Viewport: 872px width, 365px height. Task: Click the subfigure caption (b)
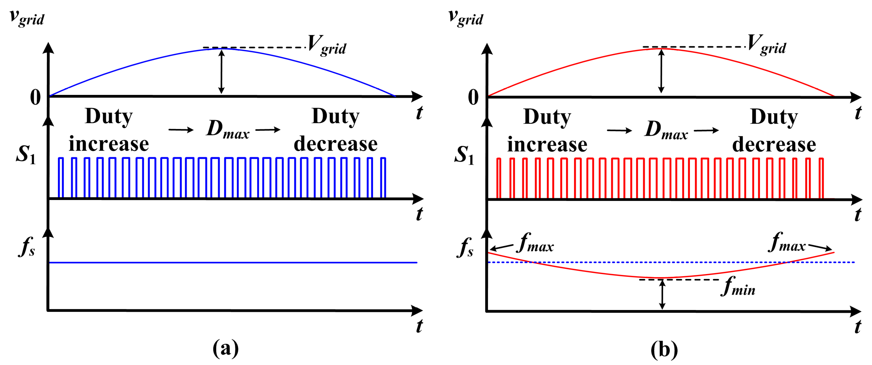pos(664,349)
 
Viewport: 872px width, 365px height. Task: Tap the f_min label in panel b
pos(738,286)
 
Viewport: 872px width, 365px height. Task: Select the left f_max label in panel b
pos(535,243)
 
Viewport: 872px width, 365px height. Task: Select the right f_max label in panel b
pos(787,242)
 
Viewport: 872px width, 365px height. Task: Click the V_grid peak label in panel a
pos(327,45)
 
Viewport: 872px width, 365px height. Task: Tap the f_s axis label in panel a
pos(27,247)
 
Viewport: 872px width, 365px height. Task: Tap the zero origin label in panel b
pos(473,98)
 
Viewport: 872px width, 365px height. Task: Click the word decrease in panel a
pos(335,144)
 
